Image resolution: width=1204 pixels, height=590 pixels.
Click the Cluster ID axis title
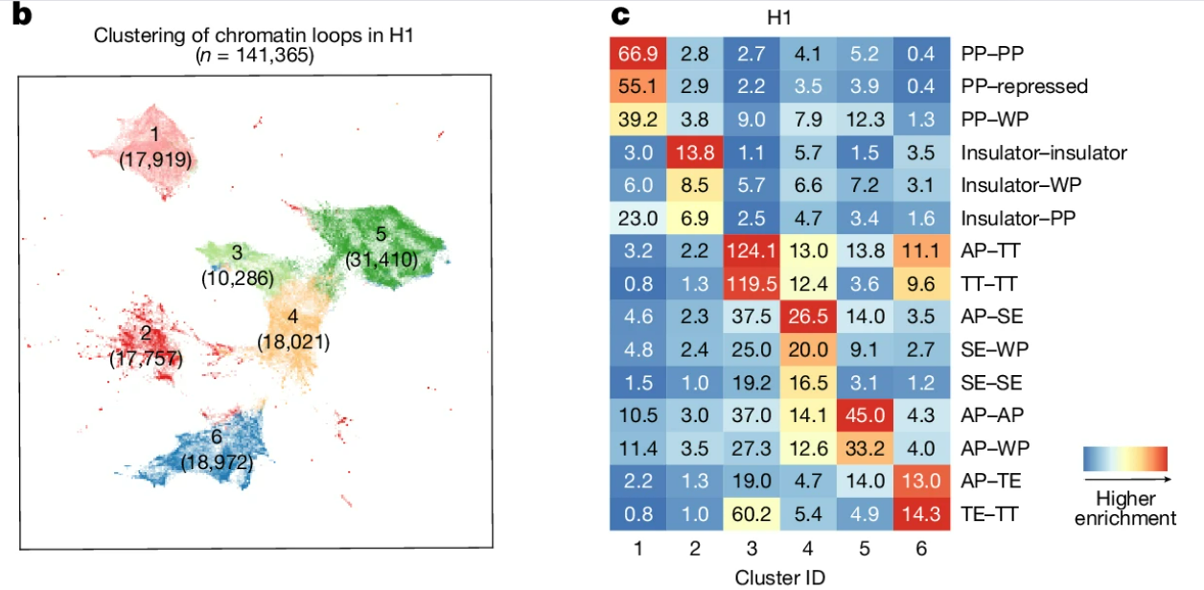tap(779, 578)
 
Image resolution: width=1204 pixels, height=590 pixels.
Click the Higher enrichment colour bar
tap(1126, 460)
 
